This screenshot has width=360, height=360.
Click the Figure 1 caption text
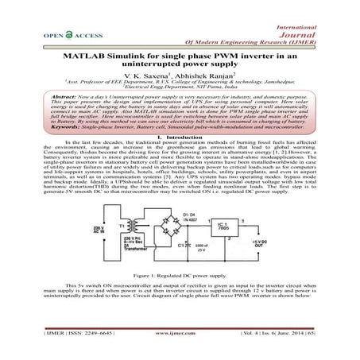(x=179, y=274)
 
